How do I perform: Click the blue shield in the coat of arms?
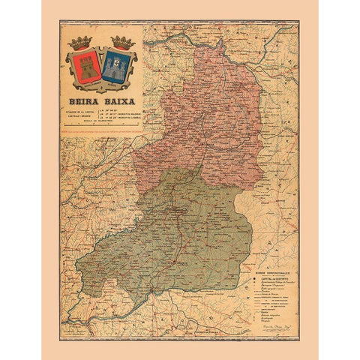(115, 67)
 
